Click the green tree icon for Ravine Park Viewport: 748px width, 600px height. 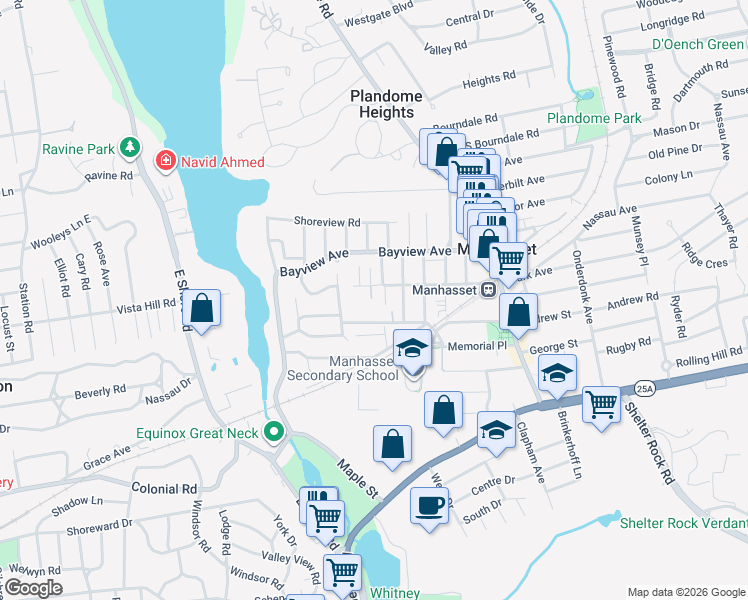[x=129, y=149]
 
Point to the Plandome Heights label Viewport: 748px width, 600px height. [x=386, y=104]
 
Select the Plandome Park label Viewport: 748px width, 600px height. [x=594, y=118]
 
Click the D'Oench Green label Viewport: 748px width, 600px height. [x=697, y=44]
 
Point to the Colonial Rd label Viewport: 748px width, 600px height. [x=164, y=488]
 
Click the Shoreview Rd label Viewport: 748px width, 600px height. [x=326, y=222]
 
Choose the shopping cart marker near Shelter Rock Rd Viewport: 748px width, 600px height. [x=601, y=405]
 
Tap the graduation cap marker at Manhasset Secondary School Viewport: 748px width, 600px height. [x=411, y=349]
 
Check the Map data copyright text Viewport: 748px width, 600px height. [x=685, y=592]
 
